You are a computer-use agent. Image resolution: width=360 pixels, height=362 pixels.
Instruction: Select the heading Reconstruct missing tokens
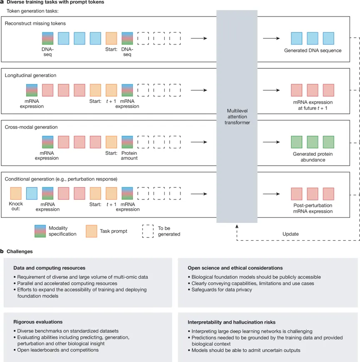(35, 23)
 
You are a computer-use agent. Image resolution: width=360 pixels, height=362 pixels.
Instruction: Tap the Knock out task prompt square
(15, 194)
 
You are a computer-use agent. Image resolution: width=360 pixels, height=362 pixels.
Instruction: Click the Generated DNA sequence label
(313, 50)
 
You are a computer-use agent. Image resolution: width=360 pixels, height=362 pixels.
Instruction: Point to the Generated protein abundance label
(313, 157)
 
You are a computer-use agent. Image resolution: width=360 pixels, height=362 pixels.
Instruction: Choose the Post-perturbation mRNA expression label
(313, 208)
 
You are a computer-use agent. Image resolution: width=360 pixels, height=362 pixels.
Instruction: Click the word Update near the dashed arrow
(290, 234)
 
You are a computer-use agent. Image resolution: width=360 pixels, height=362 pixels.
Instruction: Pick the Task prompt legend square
(91, 230)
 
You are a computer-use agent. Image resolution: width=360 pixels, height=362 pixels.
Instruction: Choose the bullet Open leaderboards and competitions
(58, 350)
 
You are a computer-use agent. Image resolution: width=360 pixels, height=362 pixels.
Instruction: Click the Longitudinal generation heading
(30, 75)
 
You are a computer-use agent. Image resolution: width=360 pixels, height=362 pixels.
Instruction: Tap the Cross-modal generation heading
(31, 127)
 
